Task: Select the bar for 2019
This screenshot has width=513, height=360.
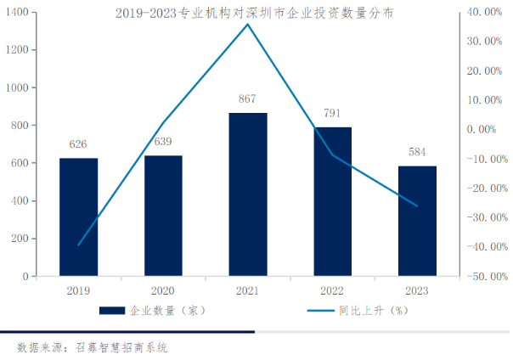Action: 78,217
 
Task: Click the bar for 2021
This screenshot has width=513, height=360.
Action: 248,194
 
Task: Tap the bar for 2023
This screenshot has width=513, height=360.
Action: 417,221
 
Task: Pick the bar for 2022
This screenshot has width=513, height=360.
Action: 332,201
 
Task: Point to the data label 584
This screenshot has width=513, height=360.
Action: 417,152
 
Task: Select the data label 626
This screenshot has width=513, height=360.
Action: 78,144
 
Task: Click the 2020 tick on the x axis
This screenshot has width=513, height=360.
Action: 163,290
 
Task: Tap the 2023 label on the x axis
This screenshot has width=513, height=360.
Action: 417,290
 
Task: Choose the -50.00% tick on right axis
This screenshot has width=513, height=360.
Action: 486,276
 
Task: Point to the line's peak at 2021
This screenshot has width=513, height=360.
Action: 248,24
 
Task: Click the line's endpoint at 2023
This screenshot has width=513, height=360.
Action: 417,205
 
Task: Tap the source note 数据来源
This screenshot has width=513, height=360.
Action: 93,347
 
